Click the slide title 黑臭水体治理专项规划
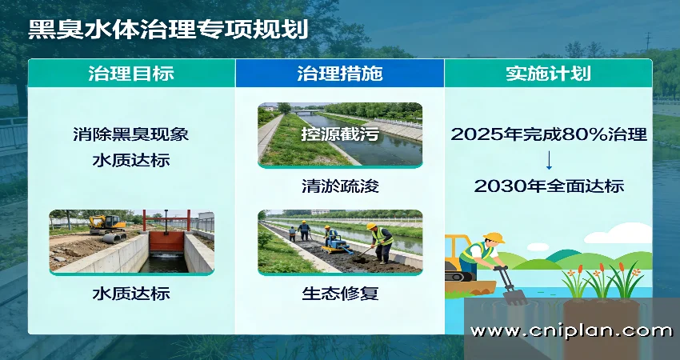coord(168,29)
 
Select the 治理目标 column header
coord(131,74)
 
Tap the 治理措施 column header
coord(339,74)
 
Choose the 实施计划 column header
coord(548,74)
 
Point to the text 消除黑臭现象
coord(131,134)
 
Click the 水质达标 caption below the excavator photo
coord(131,294)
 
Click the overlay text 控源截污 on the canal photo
coord(339,134)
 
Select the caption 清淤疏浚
coord(339,186)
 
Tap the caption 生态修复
coord(339,294)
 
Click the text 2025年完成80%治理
coord(549,134)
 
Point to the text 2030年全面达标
coord(549,186)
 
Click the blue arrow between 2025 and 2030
coord(549,160)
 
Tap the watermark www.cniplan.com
coord(571,330)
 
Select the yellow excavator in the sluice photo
coord(107,226)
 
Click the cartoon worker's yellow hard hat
coord(494,238)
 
